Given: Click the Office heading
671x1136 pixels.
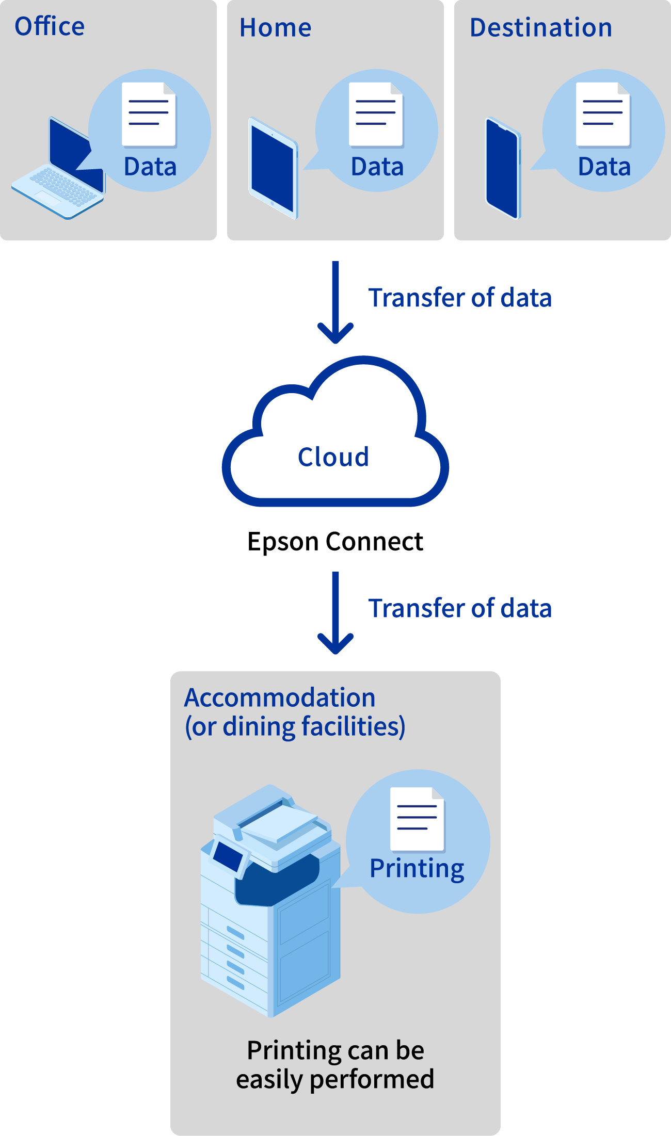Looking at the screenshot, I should [50, 26].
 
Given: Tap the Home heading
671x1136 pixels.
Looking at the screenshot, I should [275, 27].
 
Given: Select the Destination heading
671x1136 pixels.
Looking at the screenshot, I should [540, 27].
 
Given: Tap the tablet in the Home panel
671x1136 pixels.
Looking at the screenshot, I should [273, 168].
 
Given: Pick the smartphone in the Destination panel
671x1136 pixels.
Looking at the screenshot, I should [502, 168].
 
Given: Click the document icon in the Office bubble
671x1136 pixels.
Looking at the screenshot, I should [149, 114].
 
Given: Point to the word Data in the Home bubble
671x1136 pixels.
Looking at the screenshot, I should [377, 167].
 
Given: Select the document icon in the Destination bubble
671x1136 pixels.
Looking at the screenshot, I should [603, 114].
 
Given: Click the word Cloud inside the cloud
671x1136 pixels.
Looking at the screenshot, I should [333, 457].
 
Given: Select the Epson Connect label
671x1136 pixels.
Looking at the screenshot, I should [335, 542].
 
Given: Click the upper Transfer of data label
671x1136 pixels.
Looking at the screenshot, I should [460, 298].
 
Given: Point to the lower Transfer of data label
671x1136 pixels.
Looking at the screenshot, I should [460, 608].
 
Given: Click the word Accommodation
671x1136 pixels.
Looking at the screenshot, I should [280, 697].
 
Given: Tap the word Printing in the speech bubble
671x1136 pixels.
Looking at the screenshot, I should [417, 868].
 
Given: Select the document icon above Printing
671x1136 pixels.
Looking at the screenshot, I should [417, 819].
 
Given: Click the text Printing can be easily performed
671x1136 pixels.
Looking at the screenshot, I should [335, 1065].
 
